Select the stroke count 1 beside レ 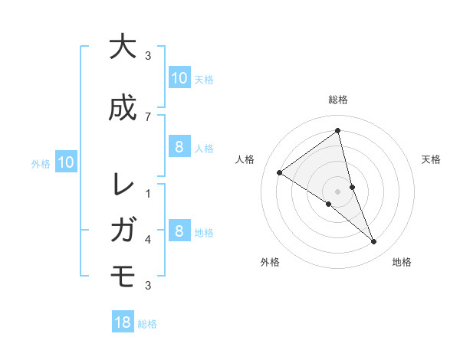148,194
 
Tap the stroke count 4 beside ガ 148,240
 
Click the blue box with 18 123,322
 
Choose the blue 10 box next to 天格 179,77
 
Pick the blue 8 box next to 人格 179,147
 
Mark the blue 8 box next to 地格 179,231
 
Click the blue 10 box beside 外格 66,162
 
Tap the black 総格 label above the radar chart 338,100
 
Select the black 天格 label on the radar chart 431,159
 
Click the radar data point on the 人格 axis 280,172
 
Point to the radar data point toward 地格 373,241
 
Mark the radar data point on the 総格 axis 338,130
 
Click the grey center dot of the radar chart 338,191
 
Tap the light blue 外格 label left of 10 41,163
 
